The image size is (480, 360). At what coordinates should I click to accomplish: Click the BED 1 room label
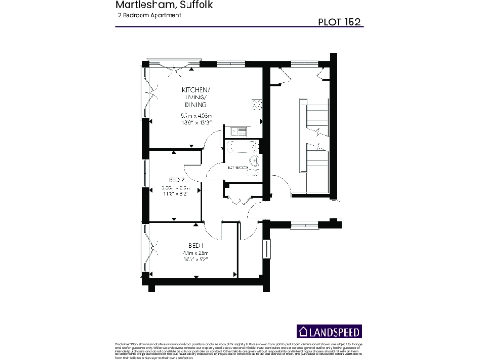pyautogui.click(x=195, y=246)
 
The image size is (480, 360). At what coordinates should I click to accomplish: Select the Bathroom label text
pyautogui.click(x=234, y=166)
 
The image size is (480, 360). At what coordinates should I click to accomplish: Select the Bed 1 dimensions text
pyautogui.click(x=195, y=257)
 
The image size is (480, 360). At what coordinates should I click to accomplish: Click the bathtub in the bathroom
pyautogui.click(x=239, y=148)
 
